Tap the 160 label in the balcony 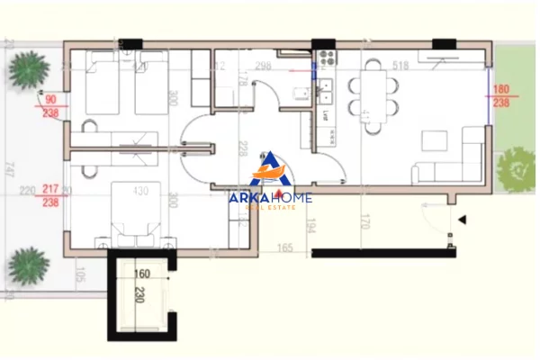pyautogui.click(x=143, y=274)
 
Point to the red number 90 pyautogui.click(x=50, y=99)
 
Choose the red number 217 pyautogui.click(x=50, y=190)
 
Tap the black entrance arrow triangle pyautogui.click(x=462, y=219)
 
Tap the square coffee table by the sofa pyautogui.click(x=435, y=140)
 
